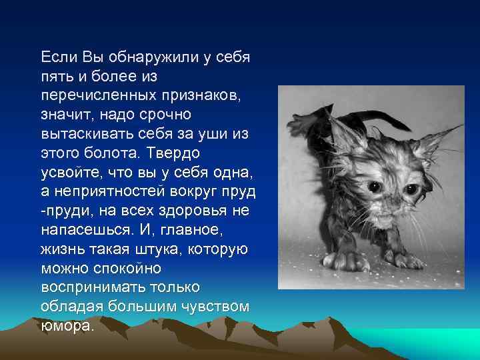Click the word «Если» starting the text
coord(59,57)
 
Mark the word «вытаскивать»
coord(85,134)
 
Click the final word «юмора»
coord(67,327)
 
